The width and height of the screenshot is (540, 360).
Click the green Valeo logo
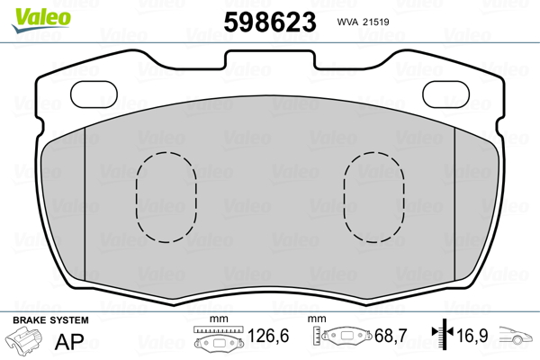(41, 19)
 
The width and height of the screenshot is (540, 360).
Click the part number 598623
(270, 22)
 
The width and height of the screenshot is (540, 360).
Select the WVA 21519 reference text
(363, 22)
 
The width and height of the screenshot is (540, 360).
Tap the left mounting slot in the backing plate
(94, 94)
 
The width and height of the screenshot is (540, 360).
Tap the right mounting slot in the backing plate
(446, 94)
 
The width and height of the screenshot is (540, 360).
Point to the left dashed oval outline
(137, 197)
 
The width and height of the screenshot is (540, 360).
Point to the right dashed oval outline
(344, 197)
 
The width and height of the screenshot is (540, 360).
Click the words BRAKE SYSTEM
(50, 320)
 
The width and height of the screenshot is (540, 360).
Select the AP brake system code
(69, 341)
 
